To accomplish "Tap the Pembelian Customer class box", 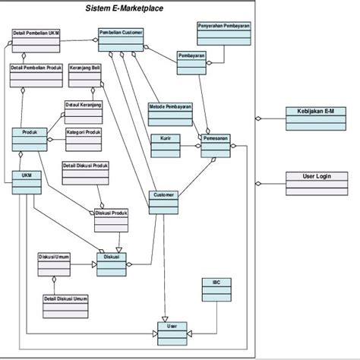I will click(121, 40).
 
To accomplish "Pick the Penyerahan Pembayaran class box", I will click(223, 33).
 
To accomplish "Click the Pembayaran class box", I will click(192, 63).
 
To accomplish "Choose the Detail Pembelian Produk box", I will click(34, 74).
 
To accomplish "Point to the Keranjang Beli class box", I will click(85, 74).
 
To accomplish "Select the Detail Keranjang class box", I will click(83, 112).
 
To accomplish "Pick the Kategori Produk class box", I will click(84, 137).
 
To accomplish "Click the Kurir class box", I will click(165, 145).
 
